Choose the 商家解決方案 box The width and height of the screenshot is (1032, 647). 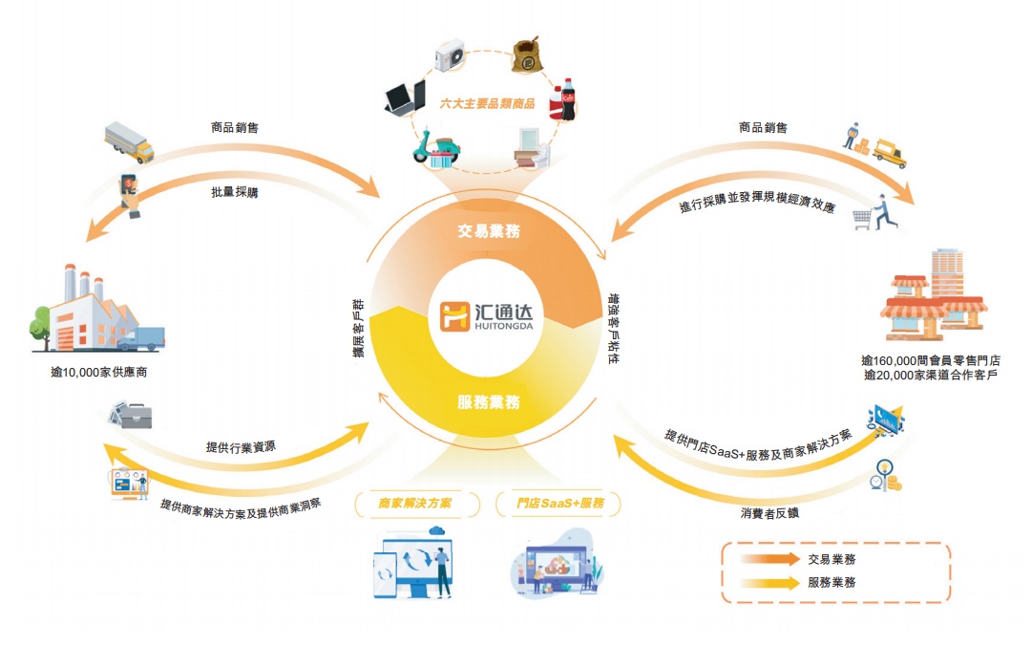coord(415,503)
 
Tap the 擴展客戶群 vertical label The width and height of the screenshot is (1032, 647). coord(357,330)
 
